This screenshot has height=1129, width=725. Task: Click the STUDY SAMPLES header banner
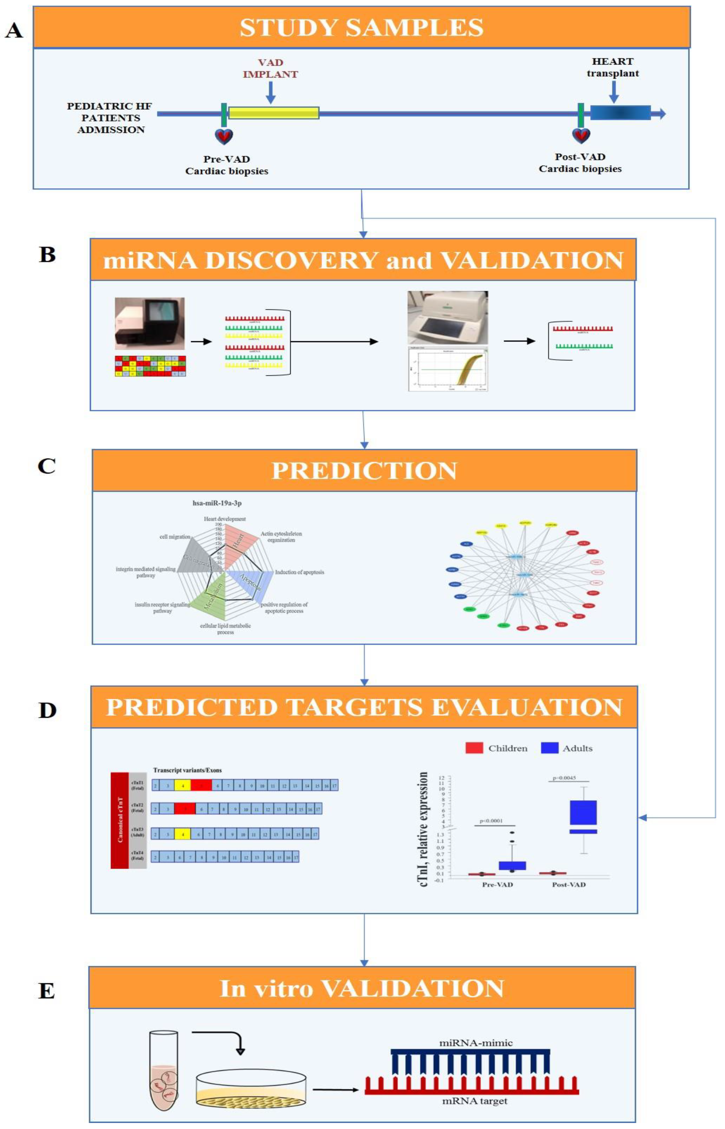click(x=361, y=27)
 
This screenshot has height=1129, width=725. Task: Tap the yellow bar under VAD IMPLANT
click(x=274, y=113)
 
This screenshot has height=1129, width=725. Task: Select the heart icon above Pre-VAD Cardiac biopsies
click(x=224, y=137)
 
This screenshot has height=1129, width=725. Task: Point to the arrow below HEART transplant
click(x=613, y=91)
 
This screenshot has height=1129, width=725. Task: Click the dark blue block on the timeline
click(x=620, y=113)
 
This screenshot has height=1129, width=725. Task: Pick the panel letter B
click(x=47, y=255)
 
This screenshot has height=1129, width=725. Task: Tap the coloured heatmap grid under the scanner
click(x=150, y=366)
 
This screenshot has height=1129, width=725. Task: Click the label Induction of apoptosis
click(x=300, y=572)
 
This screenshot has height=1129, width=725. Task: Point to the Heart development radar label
click(x=225, y=519)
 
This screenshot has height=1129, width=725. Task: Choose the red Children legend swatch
click(x=474, y=748)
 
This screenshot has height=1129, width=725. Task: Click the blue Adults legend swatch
click(x=549, y=748)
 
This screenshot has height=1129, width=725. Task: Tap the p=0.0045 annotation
click(x=564, y=778)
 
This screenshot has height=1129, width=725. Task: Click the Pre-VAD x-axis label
click(x=497, y=885)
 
